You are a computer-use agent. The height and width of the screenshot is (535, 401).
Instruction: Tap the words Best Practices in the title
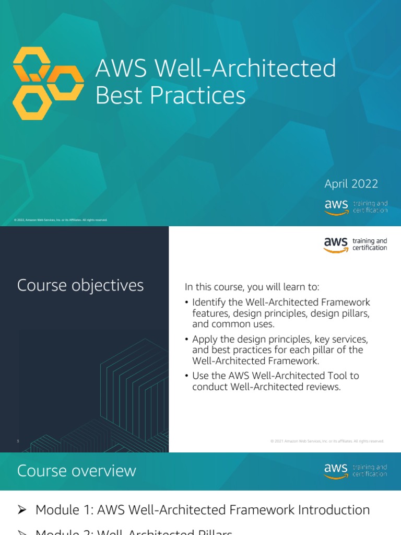(170, 95)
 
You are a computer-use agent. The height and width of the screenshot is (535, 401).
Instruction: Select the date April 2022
(351, 184)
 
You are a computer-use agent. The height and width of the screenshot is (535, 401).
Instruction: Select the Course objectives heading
(80, 285)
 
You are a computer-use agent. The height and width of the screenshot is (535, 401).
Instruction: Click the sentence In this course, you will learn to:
(252, 287)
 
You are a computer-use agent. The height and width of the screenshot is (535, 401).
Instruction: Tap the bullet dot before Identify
(186, 303)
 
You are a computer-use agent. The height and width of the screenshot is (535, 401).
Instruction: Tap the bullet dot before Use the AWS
(186, 376)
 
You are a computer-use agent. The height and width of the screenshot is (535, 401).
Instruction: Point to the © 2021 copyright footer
(327, 441)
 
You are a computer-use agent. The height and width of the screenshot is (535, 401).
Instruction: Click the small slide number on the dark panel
(18, 441)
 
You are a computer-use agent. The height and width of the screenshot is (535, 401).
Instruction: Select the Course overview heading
(77, 471)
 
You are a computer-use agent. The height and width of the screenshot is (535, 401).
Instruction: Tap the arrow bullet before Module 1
(22, 510)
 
